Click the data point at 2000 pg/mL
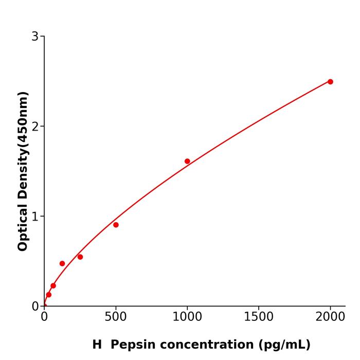point(330,82)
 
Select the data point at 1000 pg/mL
point(187,161)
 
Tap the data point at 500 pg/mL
point(116,225)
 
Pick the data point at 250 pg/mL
point(80,257)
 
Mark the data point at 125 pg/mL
point(62,263)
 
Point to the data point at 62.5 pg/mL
point(53,286)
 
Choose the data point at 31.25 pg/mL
point(49,295)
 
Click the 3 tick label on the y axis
point(35,36)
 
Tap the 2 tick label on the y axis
point(35,126)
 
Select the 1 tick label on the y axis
point(35,216)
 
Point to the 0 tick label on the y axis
point(35,306)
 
